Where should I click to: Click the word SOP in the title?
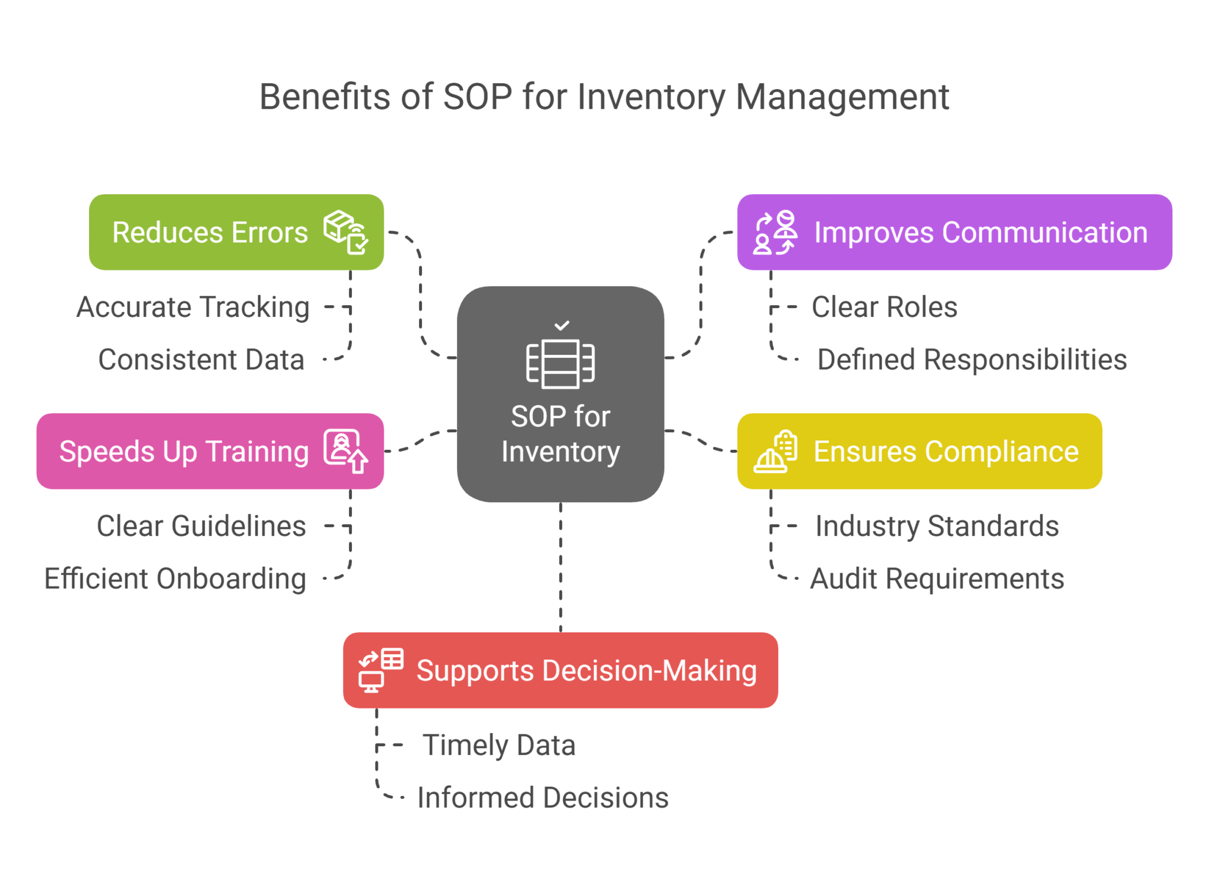tap(477, 97)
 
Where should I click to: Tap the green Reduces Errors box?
tap(236, 232)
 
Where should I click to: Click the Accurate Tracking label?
tap(192, 307)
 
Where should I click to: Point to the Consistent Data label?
tap(201, 360)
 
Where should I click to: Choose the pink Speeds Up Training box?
tap(210, 451)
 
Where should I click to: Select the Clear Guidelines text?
tap(201, 526)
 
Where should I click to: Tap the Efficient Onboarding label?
tap(175, 579)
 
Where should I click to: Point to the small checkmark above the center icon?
tap(562, 325)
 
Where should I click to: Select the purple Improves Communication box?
tap(954, 232)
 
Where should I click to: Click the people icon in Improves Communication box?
tap(775, 233)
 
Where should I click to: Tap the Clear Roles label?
tap(884, 307)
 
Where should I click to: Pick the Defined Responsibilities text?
tap(972, 360)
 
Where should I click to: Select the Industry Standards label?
tap(937, 526)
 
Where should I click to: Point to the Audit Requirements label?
tap(937, 579)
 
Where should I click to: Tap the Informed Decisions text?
tap(543, 798)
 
